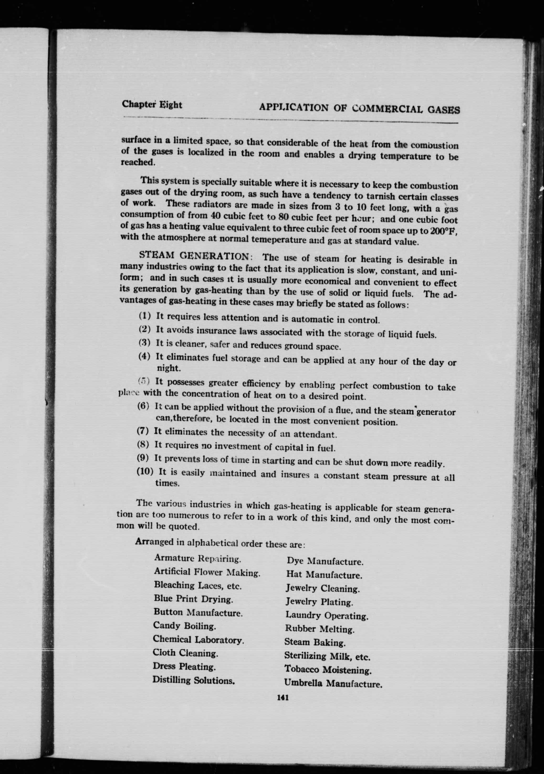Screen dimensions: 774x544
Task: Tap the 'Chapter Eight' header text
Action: [x=152, y=104]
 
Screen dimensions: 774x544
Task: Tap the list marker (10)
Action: [x=145, y=471]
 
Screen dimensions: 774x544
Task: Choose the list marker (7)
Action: [x=143, y=431]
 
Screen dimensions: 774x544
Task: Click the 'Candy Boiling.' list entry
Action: [x=184, y=626]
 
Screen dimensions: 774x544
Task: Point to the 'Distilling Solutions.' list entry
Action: [x=193, y=680]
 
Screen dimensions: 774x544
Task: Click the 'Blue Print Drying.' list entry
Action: [x=194, y=599]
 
